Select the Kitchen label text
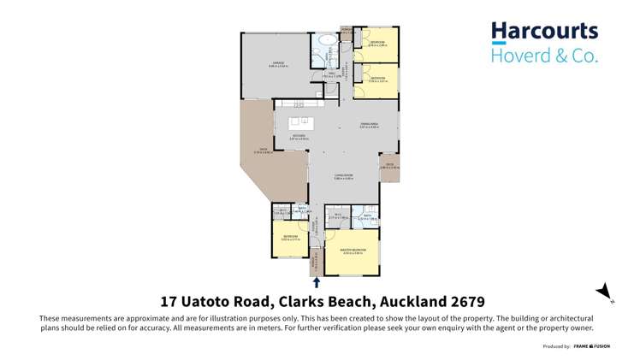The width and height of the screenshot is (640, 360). (x=298, y=135)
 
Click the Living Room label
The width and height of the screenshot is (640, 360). (x=344, y=175)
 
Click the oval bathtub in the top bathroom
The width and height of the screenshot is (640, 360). (x=326, y=41)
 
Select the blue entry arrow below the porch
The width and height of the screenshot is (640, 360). (x=317, y=281)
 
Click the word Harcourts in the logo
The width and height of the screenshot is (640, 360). (x=544, y=32)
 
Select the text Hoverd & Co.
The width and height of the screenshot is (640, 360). (x=544, y=56)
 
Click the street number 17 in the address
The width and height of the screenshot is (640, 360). (x=169, y=302)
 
